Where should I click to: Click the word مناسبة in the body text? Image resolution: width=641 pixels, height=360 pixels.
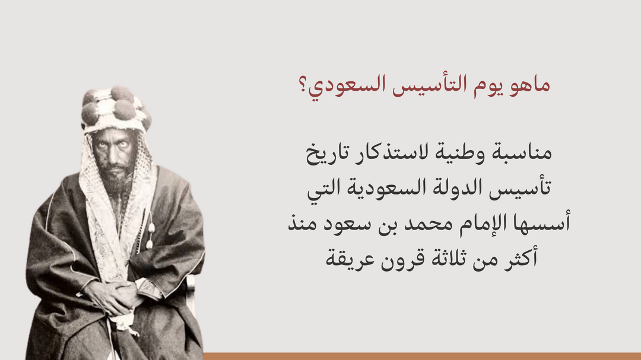(519, 152)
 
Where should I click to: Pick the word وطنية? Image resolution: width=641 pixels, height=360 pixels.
(459, 152)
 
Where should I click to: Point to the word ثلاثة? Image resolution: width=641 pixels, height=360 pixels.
(450, 259)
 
